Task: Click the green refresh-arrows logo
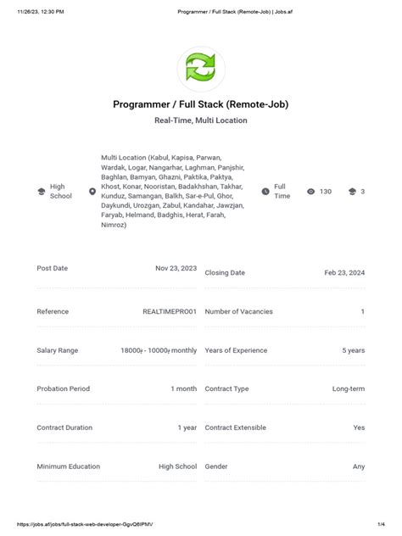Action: pos(201,68)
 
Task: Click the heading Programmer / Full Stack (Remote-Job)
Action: pos(201,103)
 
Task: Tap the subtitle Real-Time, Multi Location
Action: pos(201,120)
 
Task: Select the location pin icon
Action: pos(92,192)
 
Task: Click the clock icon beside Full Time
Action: pos(265,192)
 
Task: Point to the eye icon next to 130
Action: pos(311,192)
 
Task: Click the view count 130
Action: pos(326,192)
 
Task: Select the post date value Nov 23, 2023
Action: pos(176,268)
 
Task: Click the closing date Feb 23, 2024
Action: pos(344,273)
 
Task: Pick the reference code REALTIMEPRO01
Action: pos(170,311)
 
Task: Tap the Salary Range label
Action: pos(58,350)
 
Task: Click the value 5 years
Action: pos(353,350)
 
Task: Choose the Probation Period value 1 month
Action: pos(183,388)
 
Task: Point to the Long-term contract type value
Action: pos(348,388)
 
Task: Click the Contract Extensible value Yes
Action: pos(359,427)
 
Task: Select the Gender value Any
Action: pos(359,466)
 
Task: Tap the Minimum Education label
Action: pos(69,466)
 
